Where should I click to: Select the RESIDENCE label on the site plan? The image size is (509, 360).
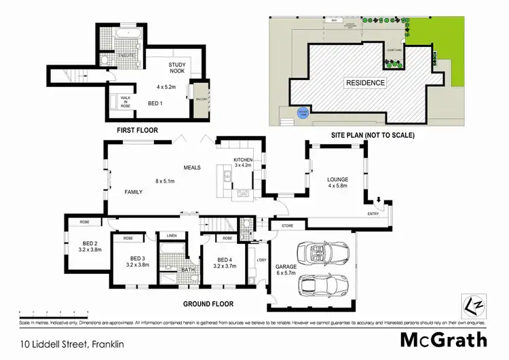366,83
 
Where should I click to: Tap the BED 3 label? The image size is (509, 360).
138,258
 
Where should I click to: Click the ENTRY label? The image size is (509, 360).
373,214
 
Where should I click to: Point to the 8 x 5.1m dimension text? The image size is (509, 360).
165,181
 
